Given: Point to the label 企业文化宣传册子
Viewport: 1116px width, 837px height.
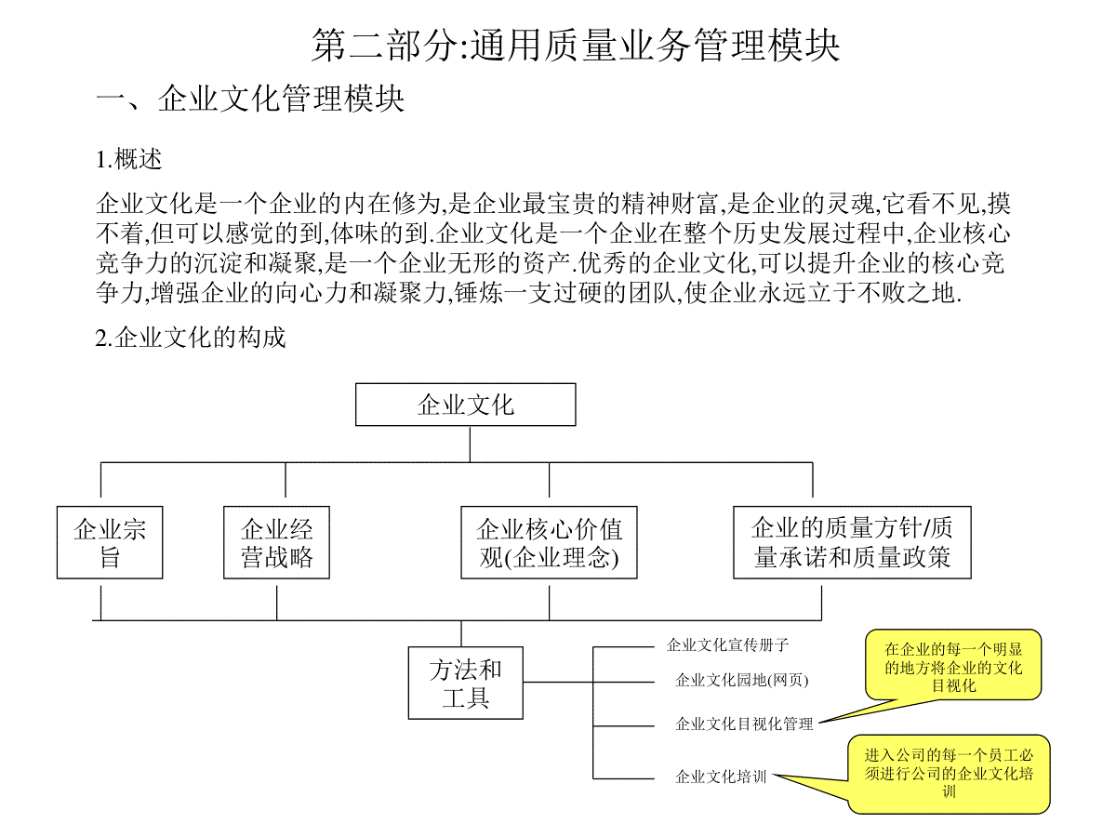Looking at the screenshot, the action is pyautogui.click(x=727, y=644).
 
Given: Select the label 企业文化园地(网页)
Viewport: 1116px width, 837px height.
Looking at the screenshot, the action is pyautogui.click(x=742, y=680).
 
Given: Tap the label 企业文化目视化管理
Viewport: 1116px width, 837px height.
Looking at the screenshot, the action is pyautogui.click(x=744, y=724).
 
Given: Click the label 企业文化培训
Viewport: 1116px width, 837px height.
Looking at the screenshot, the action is pyautogui.click(x=721, y=777).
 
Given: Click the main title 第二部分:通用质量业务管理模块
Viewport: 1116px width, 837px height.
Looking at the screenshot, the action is pyautogui.click(x=575, y=46).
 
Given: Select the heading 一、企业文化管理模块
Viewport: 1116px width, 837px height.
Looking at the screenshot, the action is pyautogui.click(x=250, y=98).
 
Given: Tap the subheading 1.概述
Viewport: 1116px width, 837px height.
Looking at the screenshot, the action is pyautogui.click(x=128, y=159).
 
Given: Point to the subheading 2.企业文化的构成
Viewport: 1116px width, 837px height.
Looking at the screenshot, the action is pyautogui.click(x=191, y=338).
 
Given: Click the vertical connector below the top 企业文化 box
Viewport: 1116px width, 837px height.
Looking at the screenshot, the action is pyautogui.click(x=470, y=445).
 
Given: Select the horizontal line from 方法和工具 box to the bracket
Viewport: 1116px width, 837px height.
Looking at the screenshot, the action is pyautogui.click(x=558, y=682).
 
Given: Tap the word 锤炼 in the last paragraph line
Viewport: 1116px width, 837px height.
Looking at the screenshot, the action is pyautogui.click(x=478, y=293).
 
